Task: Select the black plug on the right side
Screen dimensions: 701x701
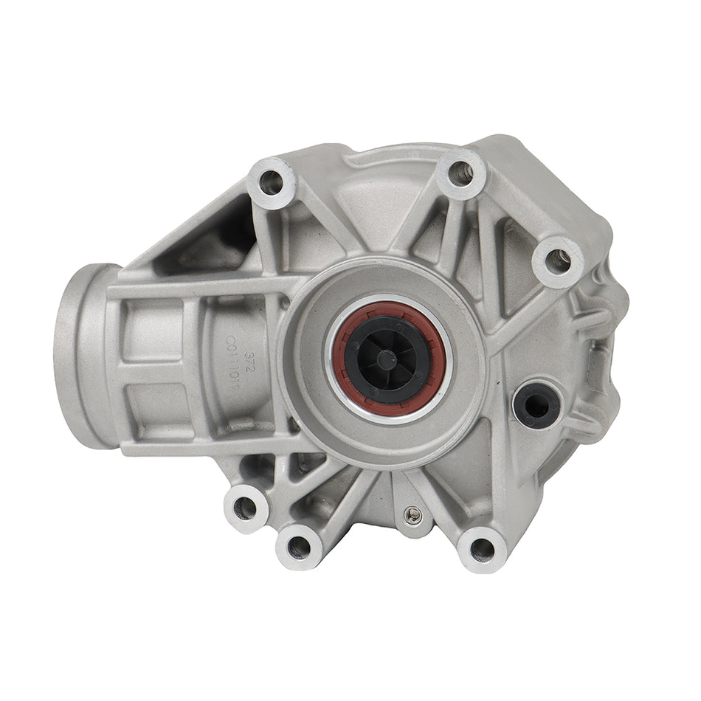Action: [536, 403]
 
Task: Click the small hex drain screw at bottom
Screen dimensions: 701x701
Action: [414, 514]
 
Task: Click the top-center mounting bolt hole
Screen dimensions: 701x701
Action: [460, 174]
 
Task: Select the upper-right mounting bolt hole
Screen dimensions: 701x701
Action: [558, 260]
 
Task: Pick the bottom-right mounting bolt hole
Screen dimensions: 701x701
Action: [482, 548]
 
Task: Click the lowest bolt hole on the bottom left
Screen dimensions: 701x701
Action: [299, 546]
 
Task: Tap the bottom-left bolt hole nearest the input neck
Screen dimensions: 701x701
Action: [246, 508]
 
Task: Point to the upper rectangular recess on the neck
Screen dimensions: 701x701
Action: [151, 332]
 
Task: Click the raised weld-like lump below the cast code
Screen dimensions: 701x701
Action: [240, 426]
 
